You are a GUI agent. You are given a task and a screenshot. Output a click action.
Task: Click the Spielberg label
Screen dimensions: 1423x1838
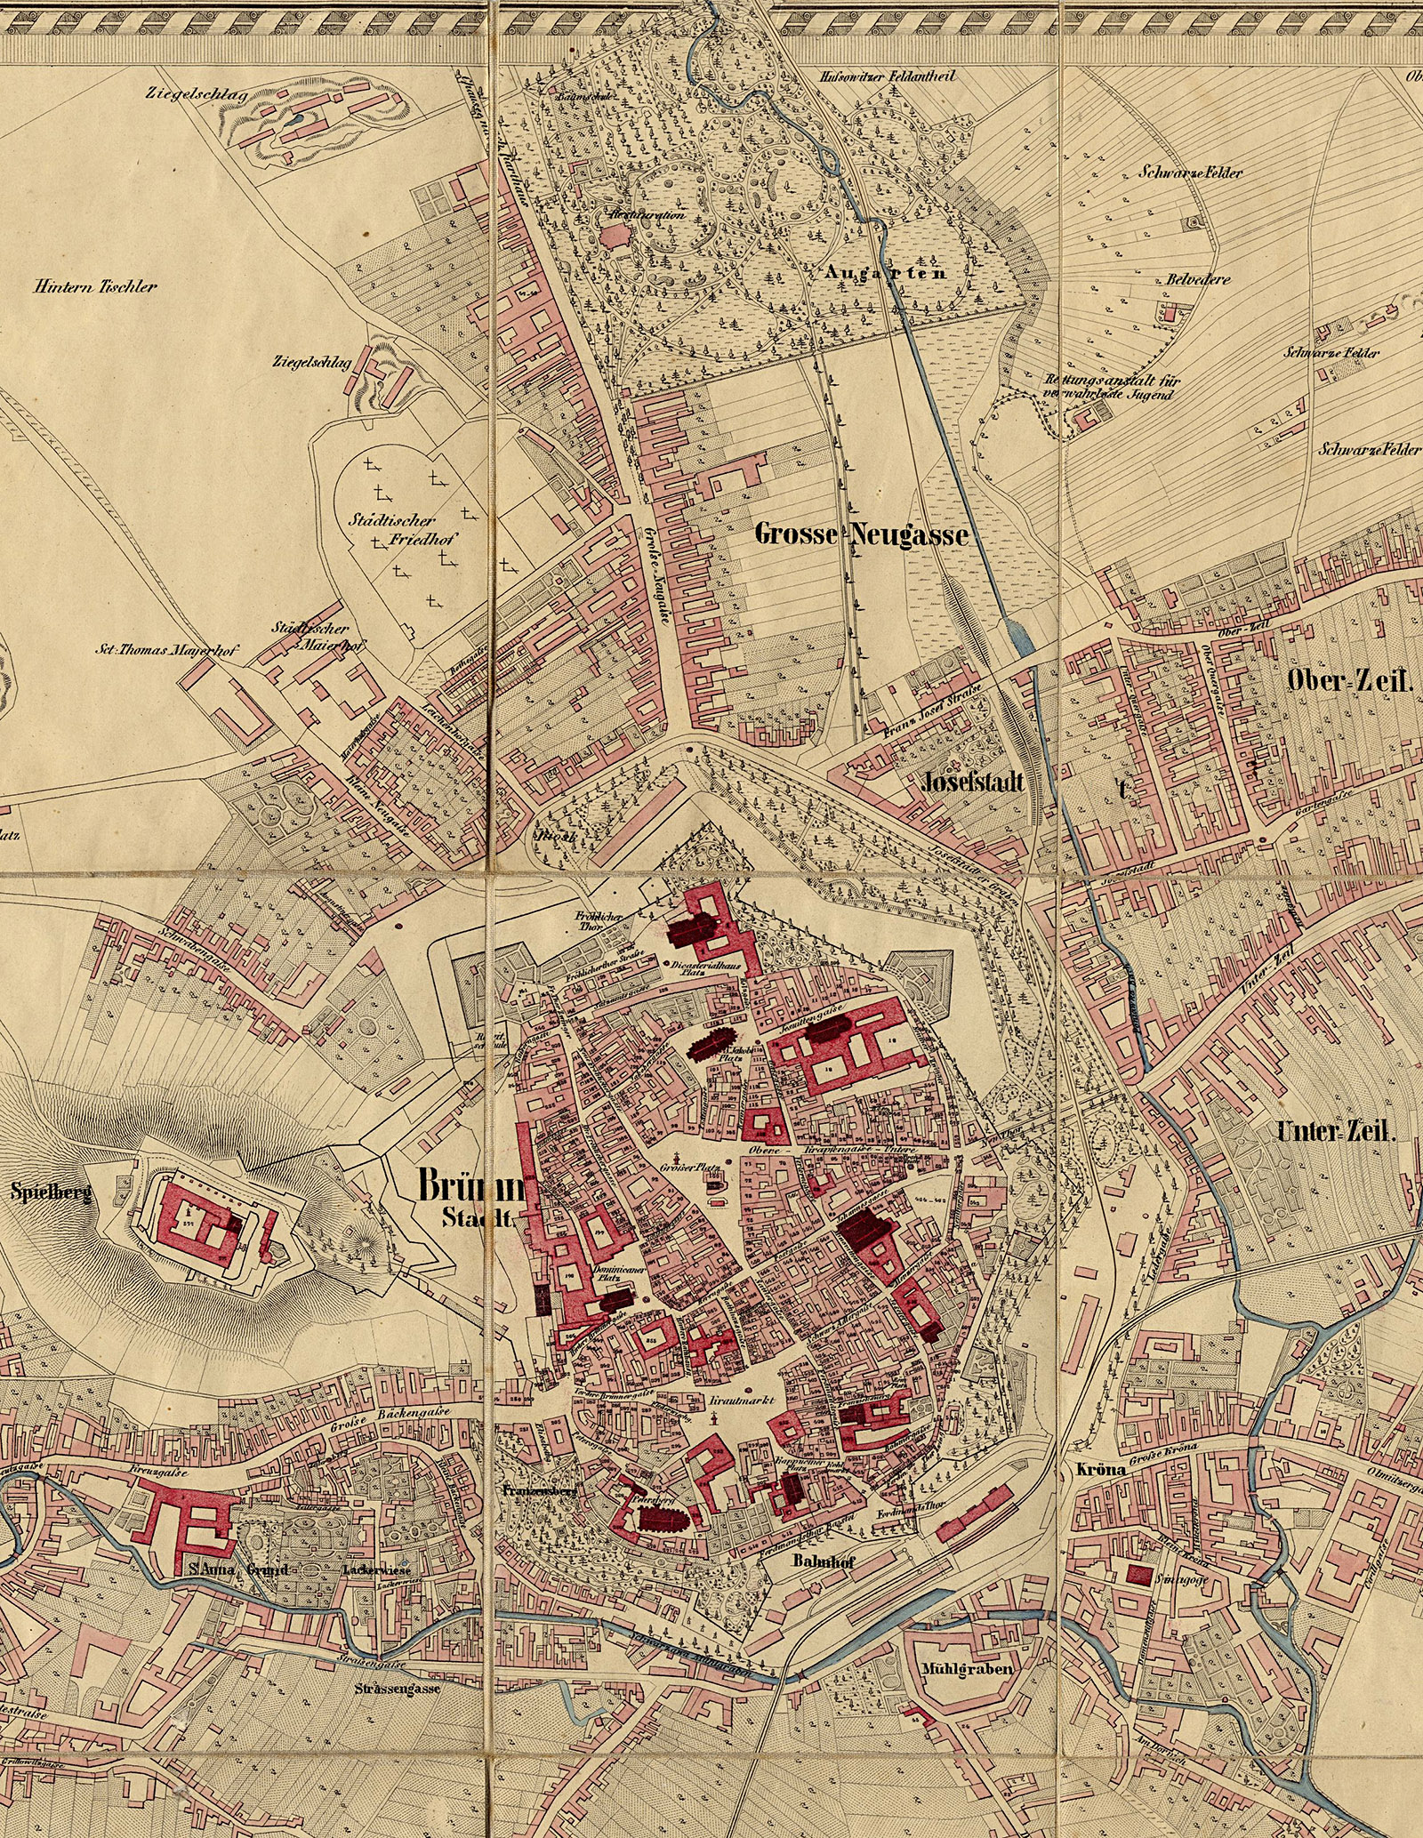click(51, 1193)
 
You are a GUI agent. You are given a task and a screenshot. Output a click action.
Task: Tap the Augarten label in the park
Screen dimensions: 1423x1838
click(885, 273)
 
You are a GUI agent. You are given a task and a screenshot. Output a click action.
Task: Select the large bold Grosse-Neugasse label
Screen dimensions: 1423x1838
click(860, 535)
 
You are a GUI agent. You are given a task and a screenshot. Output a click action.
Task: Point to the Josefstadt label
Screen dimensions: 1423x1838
click(973, 783)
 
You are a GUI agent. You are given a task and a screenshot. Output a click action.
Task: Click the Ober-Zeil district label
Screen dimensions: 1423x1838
click(1349, 682)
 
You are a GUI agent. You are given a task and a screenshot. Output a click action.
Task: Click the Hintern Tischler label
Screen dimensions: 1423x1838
click(95, 287)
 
